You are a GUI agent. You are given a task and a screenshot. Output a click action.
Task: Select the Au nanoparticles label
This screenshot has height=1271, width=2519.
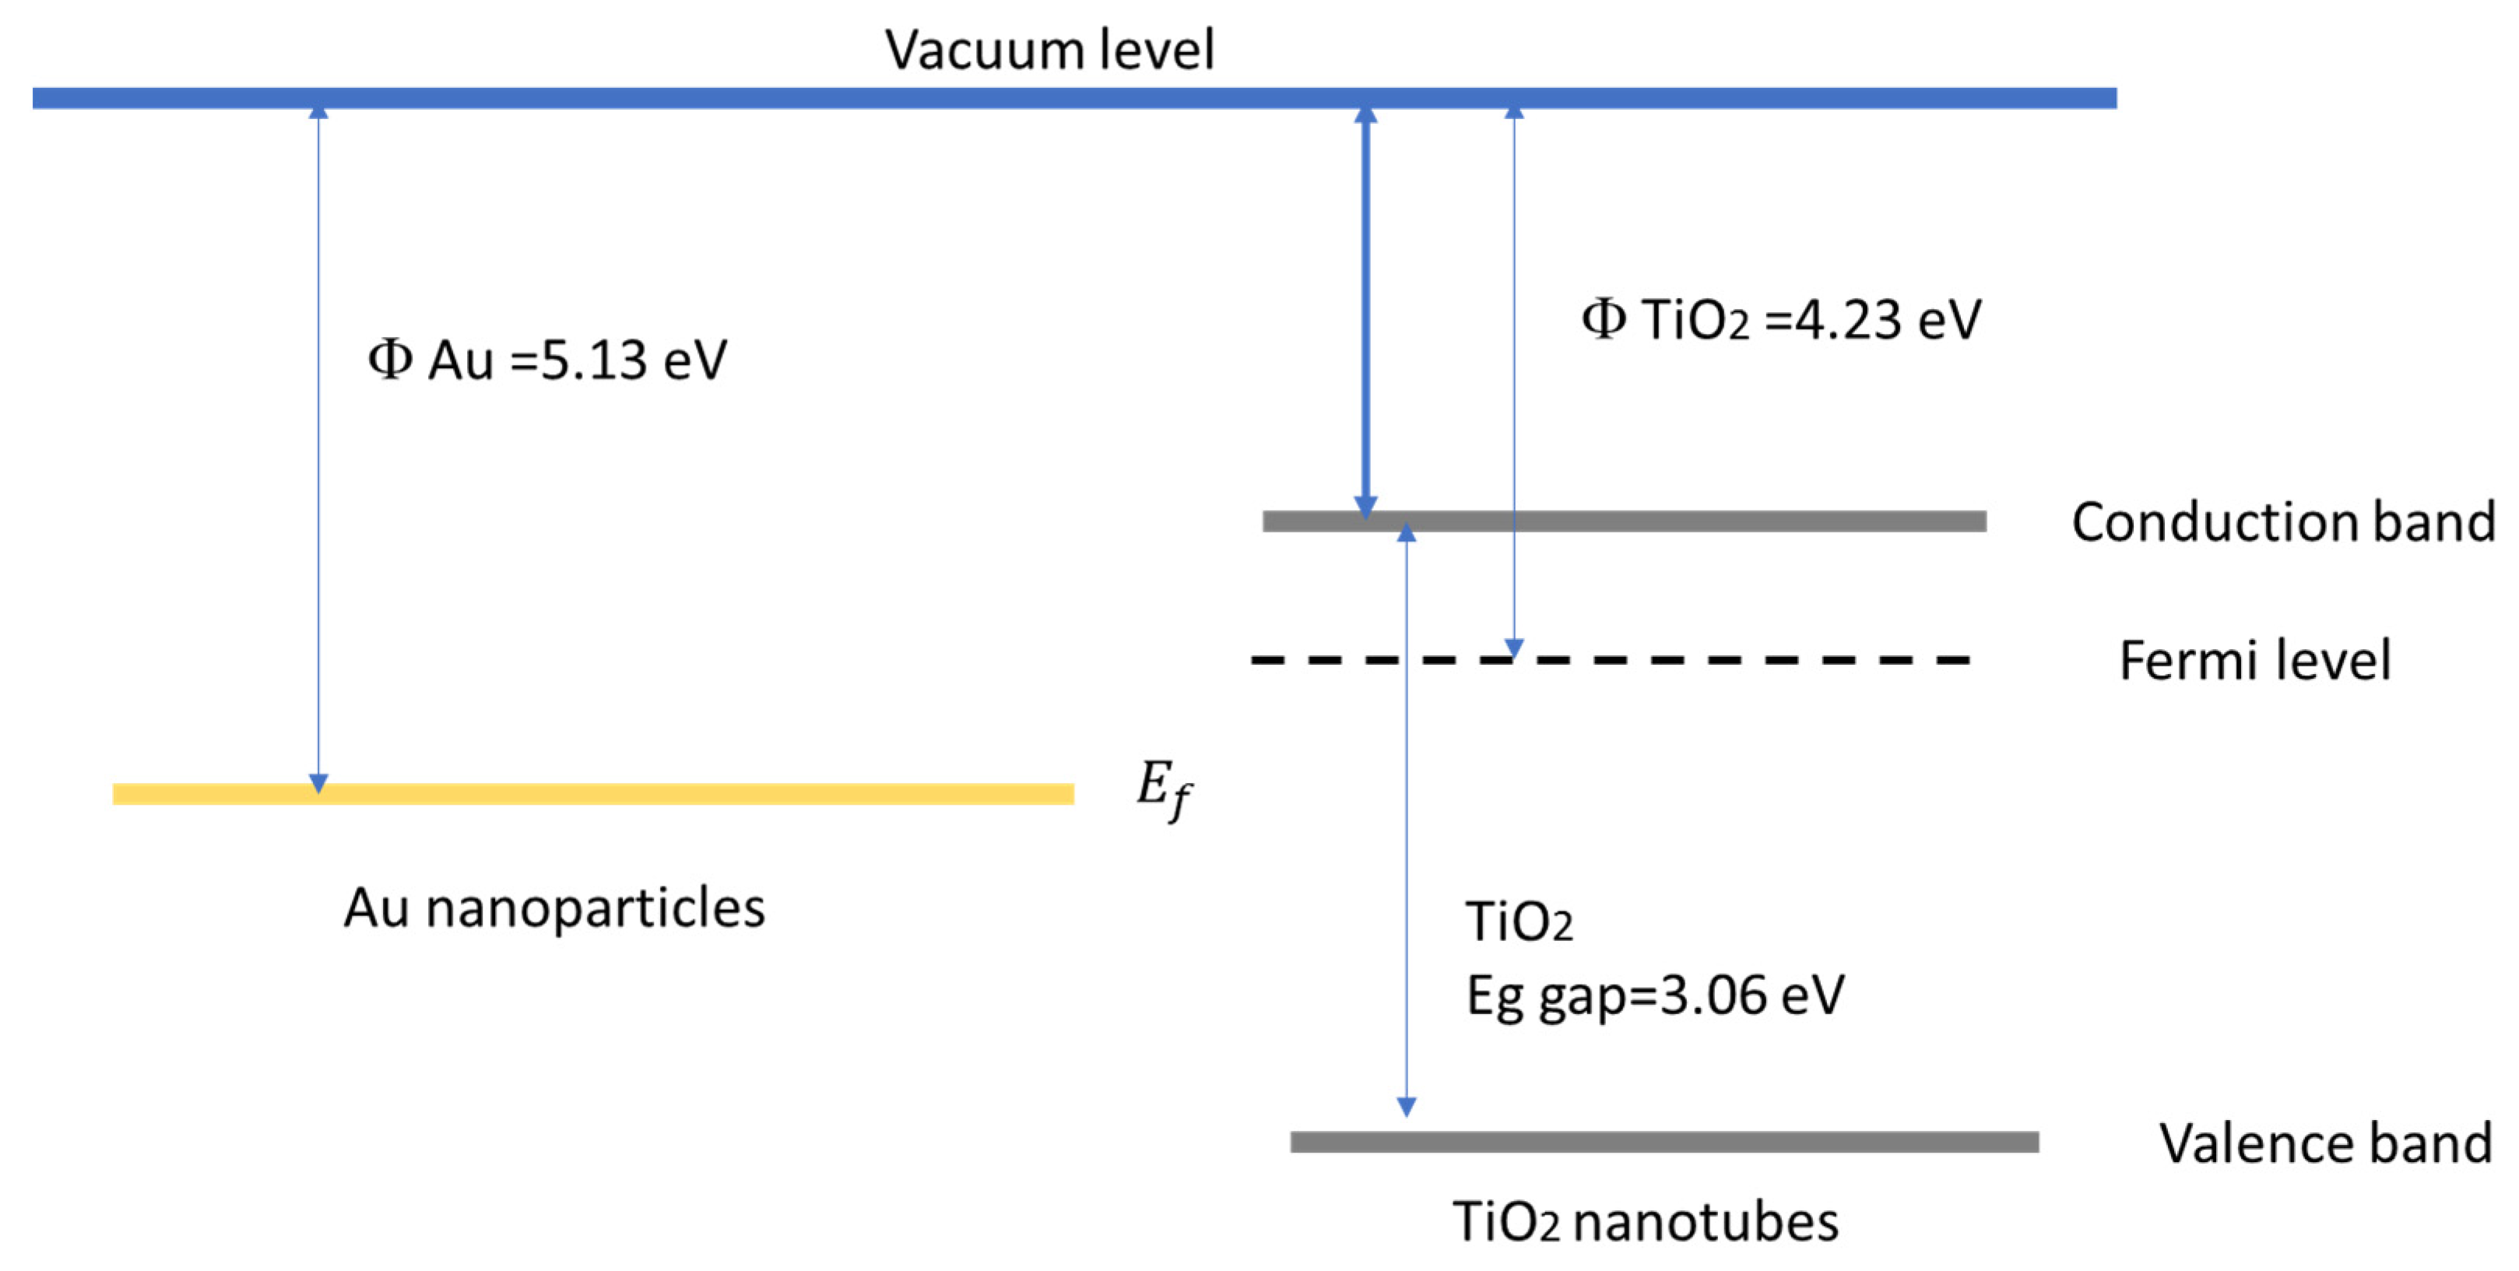(553, 908)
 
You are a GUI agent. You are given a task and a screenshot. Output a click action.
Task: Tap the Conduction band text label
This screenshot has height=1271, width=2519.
(2282, 521)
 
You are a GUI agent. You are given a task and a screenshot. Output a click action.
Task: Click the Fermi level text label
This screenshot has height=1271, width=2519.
(2254, 660)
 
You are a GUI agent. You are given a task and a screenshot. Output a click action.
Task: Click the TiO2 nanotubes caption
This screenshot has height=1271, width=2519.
(1645, 1222)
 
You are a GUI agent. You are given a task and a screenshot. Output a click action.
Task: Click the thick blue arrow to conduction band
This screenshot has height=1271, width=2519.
(1366, 313)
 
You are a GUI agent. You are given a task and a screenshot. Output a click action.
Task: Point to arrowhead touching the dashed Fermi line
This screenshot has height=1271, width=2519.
(1514, 648)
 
